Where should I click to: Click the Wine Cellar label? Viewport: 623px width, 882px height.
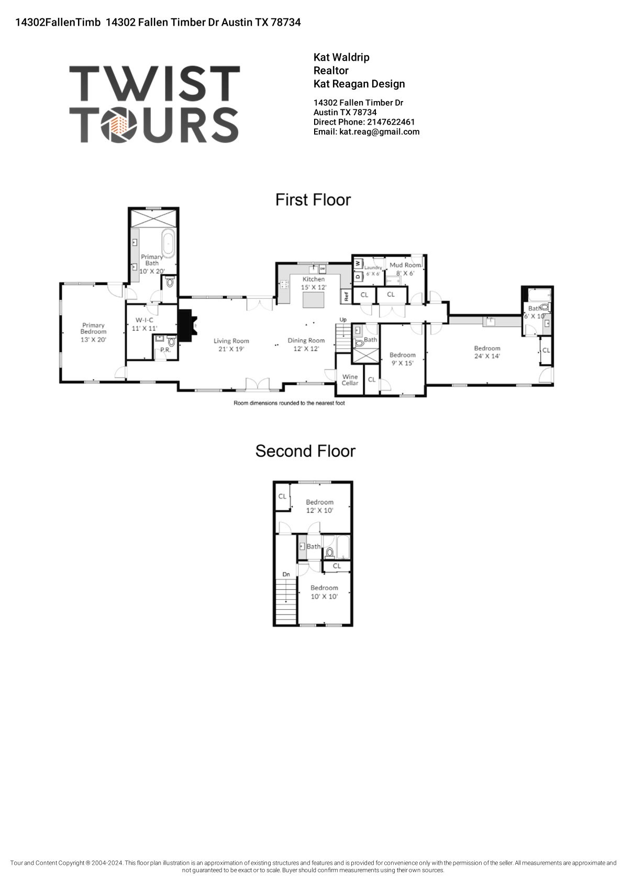(x=350, y=380)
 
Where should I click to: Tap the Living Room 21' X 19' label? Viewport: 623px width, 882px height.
(x=231, y=345)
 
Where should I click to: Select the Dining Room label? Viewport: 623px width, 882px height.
(x=306, y=340)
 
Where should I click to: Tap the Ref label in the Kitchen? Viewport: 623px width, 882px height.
(x=346, y=296)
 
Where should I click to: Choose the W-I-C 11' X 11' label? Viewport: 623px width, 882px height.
(x=144, y=324)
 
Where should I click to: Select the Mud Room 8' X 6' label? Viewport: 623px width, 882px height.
(x=405, y=269)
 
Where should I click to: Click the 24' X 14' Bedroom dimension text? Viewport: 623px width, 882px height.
(x=487, y=356)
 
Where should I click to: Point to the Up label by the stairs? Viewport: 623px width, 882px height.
(x=343, y=319)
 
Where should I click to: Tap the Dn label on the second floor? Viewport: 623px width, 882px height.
(x=286, y=575)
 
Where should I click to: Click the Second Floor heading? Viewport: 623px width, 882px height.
(x=305, y=451)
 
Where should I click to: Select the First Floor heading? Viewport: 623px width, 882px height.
(x=313, y=200)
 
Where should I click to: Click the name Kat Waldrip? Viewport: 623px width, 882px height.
(x=341, y=57)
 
